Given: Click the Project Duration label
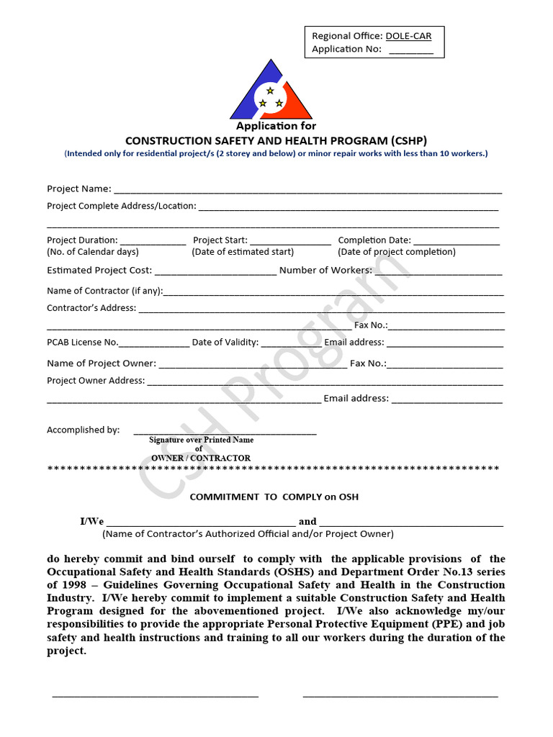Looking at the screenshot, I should point(82,240).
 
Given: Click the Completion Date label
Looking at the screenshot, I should point(374,240).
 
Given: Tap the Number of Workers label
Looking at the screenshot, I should point(325,270).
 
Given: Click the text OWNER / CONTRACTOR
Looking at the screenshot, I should point(201,458).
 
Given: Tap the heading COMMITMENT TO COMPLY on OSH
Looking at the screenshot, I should point(274,497).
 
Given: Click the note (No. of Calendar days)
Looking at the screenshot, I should point(93,252).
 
